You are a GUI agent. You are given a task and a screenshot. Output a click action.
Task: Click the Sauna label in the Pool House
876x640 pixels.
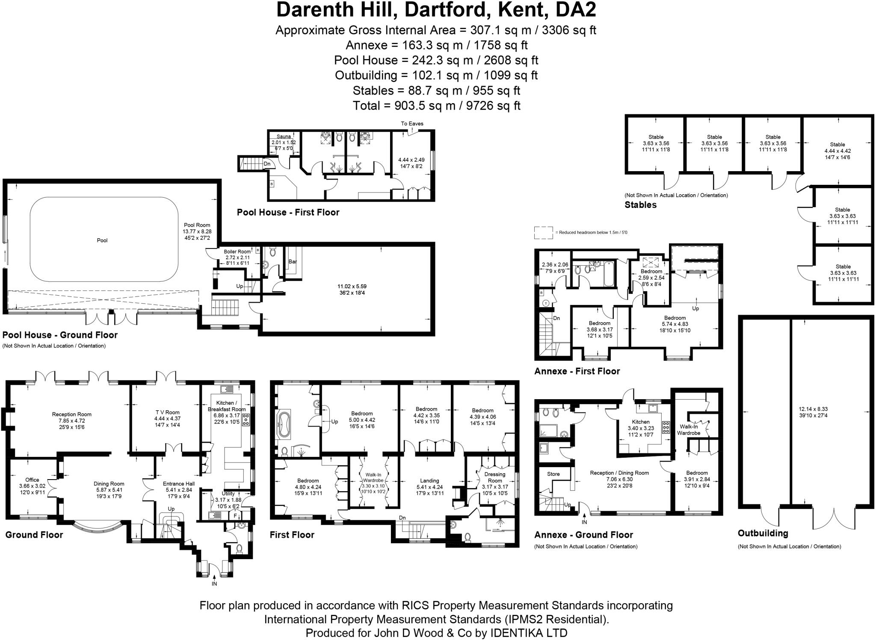pyautogui.click(x=284, y=137)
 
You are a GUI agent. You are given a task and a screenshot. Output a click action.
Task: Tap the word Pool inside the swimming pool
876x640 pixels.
pyautogui.click(x=102, y=240)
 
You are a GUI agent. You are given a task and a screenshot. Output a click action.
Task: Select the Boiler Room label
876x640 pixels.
pyautogui.click(x=237, y=252)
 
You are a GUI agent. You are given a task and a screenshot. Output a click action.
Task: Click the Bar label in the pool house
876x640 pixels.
pyautogui.click(x=293, y=261)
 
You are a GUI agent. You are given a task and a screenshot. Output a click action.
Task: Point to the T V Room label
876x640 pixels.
pyautogui.click(x=167, y=412)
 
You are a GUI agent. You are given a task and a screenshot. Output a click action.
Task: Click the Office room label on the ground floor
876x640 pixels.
pyautogui.click(x=32, y=480)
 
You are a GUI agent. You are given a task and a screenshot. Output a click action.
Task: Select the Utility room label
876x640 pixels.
pyautogui.click(x=228, y=494)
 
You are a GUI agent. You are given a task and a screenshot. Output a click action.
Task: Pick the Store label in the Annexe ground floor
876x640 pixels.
pyautogui.click(x=553, y=474)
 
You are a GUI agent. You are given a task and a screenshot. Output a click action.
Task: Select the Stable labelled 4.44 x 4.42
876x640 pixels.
pyautogui.click(x=838, y=145)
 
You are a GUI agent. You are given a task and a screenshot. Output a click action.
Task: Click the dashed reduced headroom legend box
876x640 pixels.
pyautogui.click(x=543, y=233)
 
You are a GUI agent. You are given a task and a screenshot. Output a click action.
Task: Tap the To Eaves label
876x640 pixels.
pyautogui.click(x=412, y=124)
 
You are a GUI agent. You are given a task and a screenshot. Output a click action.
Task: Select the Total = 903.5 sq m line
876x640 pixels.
pyautogui.click(x=436, y=106)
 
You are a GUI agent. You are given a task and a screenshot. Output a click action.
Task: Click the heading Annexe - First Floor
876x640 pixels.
pyautogui.click(x=577, y=371)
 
